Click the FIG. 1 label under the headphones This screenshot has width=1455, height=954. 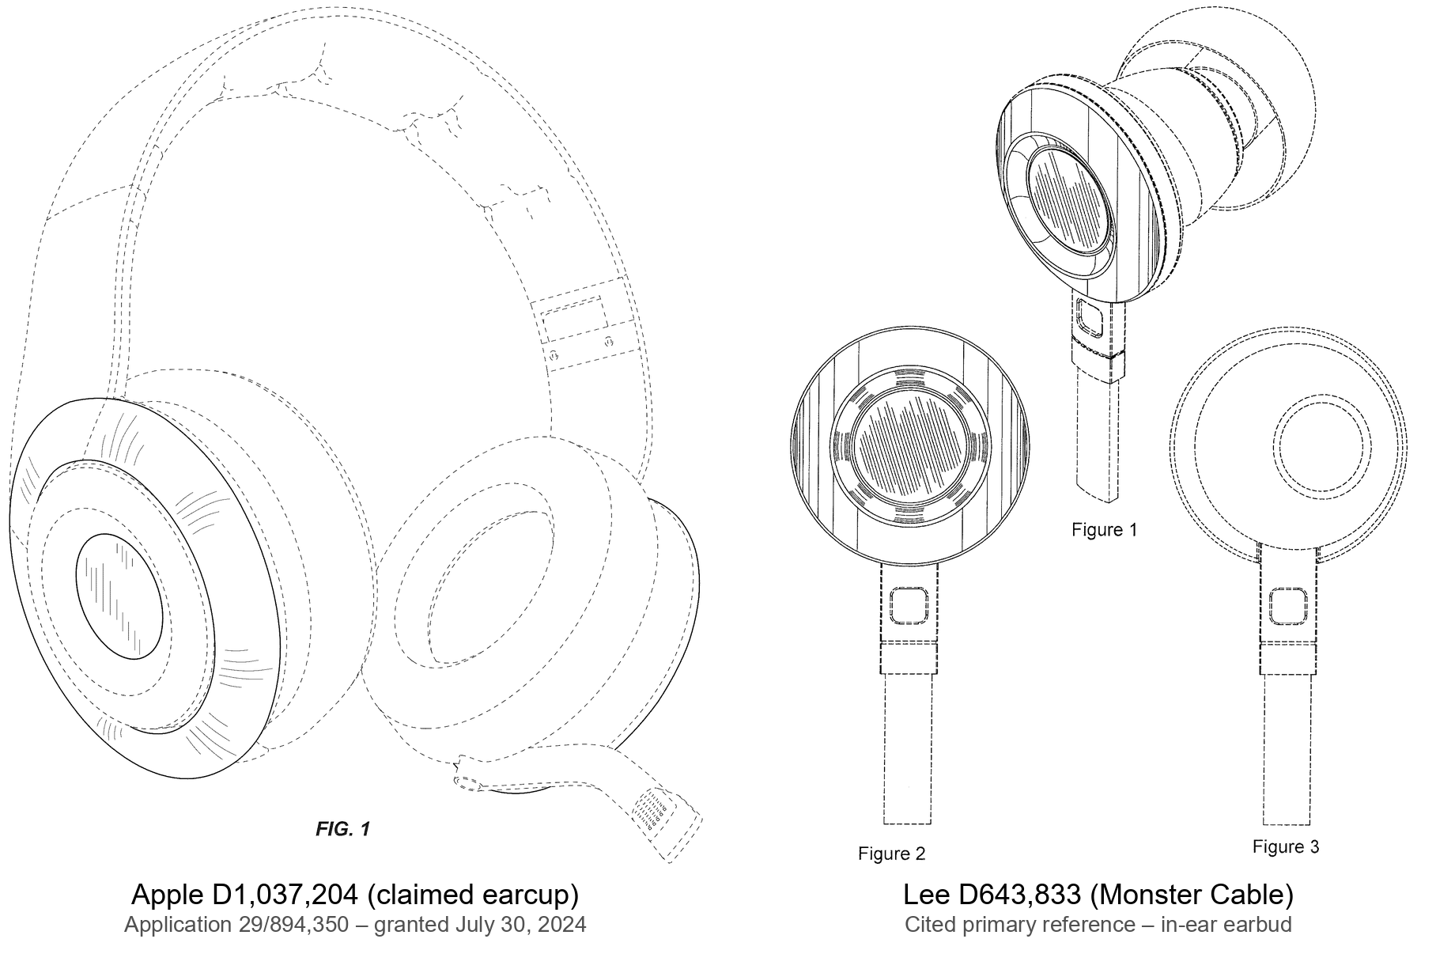click(342, 829)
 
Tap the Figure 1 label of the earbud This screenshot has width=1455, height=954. click(1104, 529)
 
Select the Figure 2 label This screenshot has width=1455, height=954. click(891, 854)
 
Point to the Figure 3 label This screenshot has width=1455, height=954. click(1286, 846)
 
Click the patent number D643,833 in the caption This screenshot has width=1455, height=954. click(1019, 895)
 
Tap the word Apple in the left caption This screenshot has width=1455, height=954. click(168, 895)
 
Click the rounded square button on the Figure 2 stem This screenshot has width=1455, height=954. click(909, 606)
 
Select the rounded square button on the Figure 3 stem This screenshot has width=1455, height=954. click(1287, 608)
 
